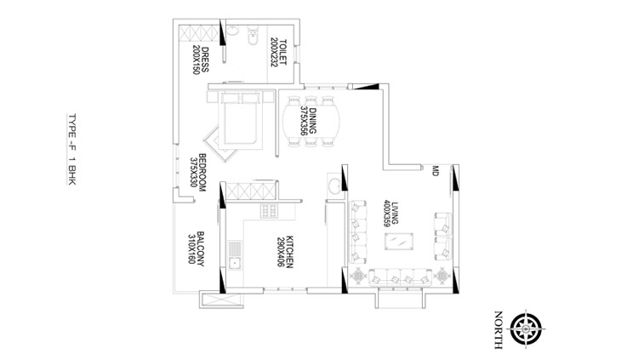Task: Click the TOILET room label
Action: [x=282, y=52]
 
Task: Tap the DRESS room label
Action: [x=205, y=60]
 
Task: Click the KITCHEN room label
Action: [x=289, y=251]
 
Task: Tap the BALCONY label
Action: [x=201, y=249]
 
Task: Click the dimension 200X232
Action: [x=274, y=52]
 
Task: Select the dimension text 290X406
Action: [x=281, y=251]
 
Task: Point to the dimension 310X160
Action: [x=191, y=249]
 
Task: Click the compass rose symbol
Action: [x=526, y=329]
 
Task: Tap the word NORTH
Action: [x=499, y=329]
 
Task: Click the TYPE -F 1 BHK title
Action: [x=71, y=150]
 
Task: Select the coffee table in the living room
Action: [x=399, y=242]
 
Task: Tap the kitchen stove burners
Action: [x=269, y=211]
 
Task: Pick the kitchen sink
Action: [x=235, y=255]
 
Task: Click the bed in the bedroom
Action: [x=240, y=120]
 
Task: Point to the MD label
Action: [x=436, y=170]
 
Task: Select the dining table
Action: [x=311, y=121]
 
